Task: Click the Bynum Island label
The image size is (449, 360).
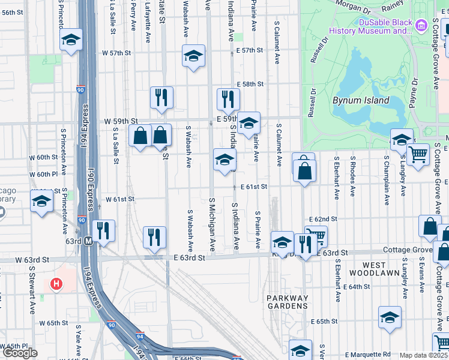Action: (x=361, y=101)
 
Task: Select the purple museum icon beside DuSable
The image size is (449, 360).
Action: (x=421, y=25)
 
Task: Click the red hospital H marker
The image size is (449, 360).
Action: (x=56, y=283)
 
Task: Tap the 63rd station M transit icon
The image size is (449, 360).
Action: (x=88, y=241)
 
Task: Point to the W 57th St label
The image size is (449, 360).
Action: (x=116, y=53)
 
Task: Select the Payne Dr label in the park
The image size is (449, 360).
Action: (x=414, y=93)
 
